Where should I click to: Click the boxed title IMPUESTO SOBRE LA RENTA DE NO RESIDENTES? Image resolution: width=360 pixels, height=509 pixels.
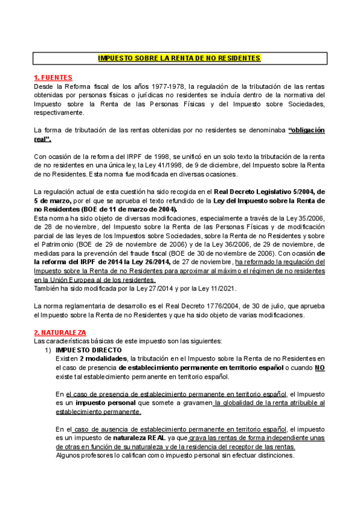click(179, 58)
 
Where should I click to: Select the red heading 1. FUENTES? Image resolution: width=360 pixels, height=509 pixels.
click(53, 77)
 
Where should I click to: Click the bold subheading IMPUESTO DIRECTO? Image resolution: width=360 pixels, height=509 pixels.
click(88, 349)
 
